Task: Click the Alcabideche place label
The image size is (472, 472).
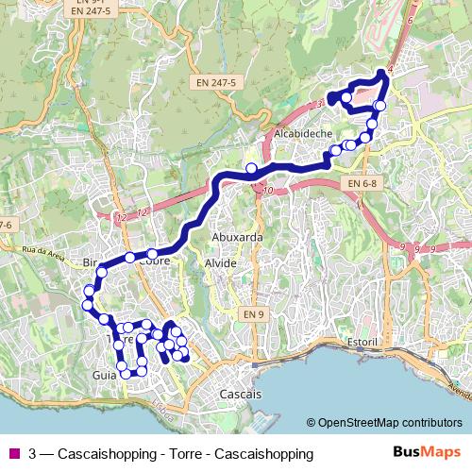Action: [x=302, y=134]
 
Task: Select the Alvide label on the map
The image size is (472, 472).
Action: [x=221, y=263]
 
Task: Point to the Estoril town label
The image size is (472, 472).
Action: [x=362, y=340]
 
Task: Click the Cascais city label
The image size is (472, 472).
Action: [x=240, y=392]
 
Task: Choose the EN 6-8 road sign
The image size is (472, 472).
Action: [x=362, y=182]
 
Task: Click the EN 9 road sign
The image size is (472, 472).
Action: [x=252, y=312]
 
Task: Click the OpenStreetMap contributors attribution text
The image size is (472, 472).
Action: [x=390, y=423]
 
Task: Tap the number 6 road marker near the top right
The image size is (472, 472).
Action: [x=411, y=20]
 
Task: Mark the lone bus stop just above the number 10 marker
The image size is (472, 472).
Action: [x=251, y=169]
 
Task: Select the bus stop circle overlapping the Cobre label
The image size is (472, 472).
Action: [x=151, y=253]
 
